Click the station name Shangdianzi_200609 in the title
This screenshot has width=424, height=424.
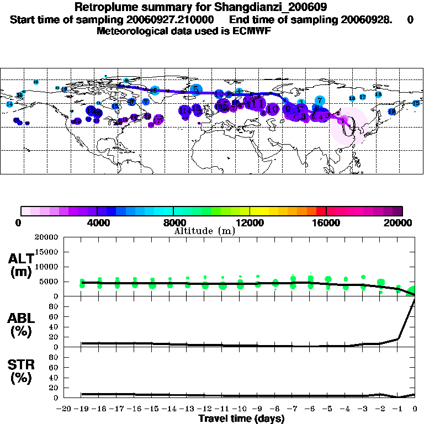tap(262, 8)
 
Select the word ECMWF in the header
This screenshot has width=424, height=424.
tap(250, 31)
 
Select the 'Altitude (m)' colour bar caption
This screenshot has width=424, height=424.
tap(204, 231)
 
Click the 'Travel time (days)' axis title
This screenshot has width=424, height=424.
tap(241, 419)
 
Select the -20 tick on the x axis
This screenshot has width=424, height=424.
tap(65, 409)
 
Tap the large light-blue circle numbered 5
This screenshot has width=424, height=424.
tap(196, 89)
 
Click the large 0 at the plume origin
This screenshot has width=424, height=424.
tap(346, 128)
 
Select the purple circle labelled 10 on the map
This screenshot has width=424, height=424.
tap(272, 109)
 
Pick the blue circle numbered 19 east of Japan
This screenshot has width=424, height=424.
tap(391, 112)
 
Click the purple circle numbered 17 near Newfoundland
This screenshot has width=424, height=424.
tap(158, 120)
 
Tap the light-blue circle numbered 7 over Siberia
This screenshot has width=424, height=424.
tap(320, 100)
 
